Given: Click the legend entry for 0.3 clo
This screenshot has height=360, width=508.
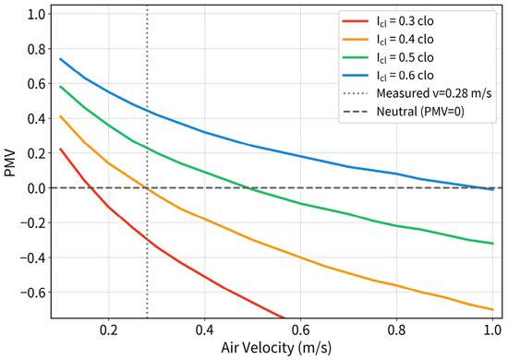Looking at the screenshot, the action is tap(388, 21).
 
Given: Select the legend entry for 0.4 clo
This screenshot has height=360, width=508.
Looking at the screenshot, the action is tap(388, 40).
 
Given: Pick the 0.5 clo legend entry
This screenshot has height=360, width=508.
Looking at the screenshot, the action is tap(388, 57).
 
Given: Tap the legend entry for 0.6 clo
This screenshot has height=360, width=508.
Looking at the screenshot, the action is tap(388, 76).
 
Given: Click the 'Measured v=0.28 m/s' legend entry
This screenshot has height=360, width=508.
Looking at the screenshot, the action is tap(417, 93).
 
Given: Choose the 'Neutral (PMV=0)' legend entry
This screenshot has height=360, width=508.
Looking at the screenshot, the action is tap(404, 112).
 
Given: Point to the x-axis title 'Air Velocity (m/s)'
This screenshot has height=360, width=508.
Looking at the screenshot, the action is tap(276, 348).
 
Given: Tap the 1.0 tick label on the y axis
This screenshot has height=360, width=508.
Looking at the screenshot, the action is tap(38, 14).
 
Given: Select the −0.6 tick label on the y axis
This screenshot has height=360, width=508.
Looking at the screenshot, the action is tap(33, 293).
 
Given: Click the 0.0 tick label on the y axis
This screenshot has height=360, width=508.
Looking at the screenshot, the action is tap(38, 188).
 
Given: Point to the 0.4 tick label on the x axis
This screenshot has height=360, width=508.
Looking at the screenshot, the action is tap(204, 330).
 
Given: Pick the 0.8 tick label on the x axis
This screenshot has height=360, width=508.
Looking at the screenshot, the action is tap(396, 330).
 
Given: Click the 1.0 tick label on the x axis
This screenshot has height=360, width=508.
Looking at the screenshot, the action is tap(493, 330).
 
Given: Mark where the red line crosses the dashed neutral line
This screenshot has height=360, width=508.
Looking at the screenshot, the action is tap(91, 188).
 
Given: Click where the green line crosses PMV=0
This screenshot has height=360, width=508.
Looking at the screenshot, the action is tap(248, 188).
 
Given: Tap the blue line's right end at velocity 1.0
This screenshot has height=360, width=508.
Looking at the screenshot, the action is tap(493, 190).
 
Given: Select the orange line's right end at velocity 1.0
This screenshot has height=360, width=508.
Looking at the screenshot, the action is tap(493, 310).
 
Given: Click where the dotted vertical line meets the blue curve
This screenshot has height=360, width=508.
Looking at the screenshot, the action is tap(147, 111).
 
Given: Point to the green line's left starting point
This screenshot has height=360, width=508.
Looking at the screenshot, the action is tap(61, 87).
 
